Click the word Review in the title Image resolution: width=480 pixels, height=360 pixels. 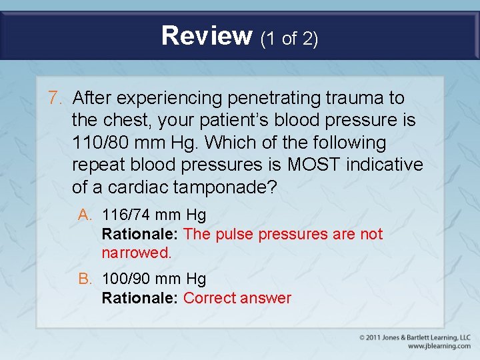point(206,36)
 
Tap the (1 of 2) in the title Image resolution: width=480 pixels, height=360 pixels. point(289,39)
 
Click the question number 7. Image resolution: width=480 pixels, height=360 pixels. point(55,98)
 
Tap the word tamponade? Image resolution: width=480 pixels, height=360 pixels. point(225,187)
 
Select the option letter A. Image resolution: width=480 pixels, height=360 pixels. point(85,215)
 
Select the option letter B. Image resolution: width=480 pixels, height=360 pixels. point(85,279)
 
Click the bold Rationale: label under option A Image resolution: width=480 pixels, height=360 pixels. point(140,234)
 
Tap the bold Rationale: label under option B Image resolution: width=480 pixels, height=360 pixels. point(140,298)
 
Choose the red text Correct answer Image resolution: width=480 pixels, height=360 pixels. point(237,298)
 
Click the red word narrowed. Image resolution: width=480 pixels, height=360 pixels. point(136,253)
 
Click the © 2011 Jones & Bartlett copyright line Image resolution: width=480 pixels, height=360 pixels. point(415,337)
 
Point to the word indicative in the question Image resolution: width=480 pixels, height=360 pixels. point(387,165)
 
